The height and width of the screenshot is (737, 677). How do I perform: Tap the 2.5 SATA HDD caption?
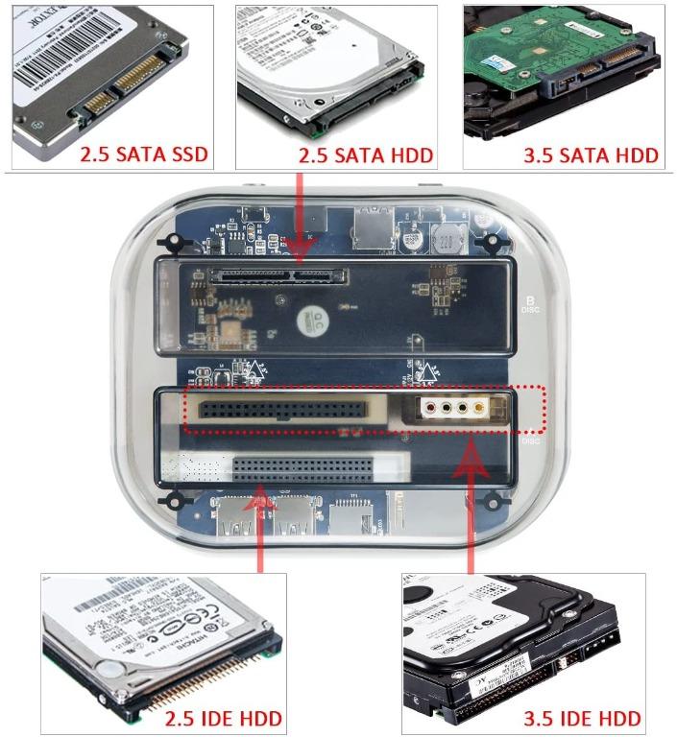[x=366, y=155]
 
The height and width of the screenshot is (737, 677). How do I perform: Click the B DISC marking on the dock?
[x=530, y=304]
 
